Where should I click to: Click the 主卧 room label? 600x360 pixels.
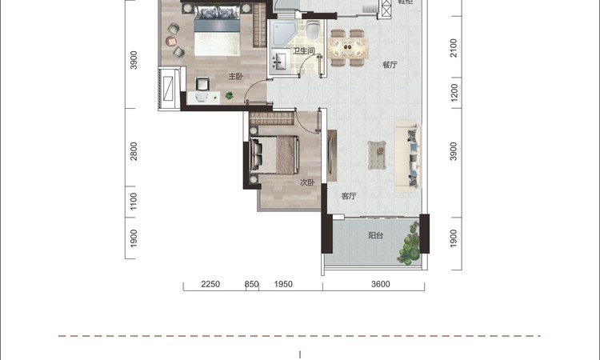[236, 77]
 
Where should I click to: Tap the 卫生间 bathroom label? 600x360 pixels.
[304, 50]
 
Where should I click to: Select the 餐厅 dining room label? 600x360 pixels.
[390, 65]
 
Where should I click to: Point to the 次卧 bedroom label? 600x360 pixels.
[307, 182]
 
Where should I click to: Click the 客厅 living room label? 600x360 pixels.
[349, 196]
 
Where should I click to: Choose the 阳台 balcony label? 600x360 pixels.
[376, 236]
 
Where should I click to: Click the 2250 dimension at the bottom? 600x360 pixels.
[210, 284]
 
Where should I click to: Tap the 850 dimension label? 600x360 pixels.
[252, 284]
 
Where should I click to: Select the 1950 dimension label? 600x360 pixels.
[283, 284]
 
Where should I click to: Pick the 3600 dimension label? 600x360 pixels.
[381, 284]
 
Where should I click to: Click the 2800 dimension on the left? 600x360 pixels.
[134, 151]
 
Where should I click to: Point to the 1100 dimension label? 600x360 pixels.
[134, 202]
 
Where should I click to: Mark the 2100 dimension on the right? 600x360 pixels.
[454, 48]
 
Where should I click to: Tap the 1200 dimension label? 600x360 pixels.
[454, 93]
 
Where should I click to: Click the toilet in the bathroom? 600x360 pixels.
[313, 30]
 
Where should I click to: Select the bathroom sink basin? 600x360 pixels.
[280, 62]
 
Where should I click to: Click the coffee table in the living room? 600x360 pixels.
[377, 155]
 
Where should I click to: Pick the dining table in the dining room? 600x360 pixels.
[348, 48]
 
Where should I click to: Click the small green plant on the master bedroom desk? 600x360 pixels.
[230, 95]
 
